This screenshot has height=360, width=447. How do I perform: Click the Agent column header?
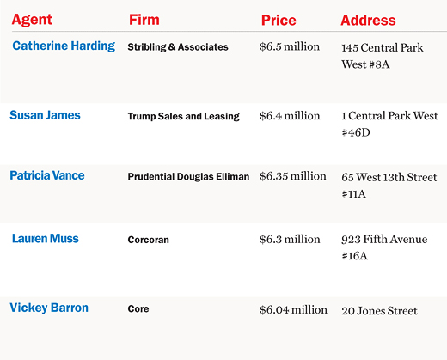point(32,21)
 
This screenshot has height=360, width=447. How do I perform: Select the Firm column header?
point(144,20)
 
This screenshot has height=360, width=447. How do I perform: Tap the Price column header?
point(279,20)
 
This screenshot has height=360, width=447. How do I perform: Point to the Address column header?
point(368,20)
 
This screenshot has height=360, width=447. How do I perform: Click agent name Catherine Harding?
point(64,46)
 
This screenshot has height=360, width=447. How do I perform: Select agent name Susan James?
point(45,115)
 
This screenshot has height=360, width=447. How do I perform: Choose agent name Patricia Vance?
point(47,175)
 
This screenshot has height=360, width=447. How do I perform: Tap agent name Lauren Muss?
point(46,239)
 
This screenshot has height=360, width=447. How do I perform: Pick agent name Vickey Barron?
point(49,308)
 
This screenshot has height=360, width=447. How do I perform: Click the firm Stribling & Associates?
point(178,47)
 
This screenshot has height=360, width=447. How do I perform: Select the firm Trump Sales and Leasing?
point(184,116)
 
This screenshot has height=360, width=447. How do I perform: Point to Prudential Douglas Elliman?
point(188,177)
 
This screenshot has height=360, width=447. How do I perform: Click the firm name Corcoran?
point(149,240)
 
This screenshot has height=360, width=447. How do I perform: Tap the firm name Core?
point(138,308)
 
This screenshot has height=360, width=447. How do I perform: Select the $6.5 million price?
point(290,46)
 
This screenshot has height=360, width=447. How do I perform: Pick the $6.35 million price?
point(293,176)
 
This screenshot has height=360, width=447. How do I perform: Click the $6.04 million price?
point(293,310)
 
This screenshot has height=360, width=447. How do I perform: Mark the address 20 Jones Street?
point(379,311)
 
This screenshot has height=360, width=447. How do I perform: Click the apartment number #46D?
point(356,132)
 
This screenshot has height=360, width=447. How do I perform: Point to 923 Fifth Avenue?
point(384,239)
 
